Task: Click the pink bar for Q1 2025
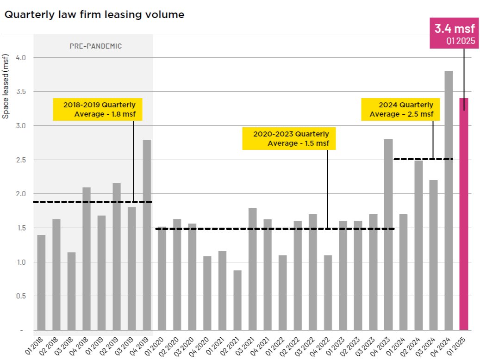463,214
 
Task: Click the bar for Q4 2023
388,234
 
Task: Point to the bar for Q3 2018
71,291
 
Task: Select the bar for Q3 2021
252,269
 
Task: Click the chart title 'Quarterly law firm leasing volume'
94,15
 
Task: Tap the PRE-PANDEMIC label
95,46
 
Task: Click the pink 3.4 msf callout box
455,33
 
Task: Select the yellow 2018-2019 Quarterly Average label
97,109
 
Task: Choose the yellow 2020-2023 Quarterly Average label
289,138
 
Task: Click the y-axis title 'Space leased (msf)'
6,90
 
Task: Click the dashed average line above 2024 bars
423,159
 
